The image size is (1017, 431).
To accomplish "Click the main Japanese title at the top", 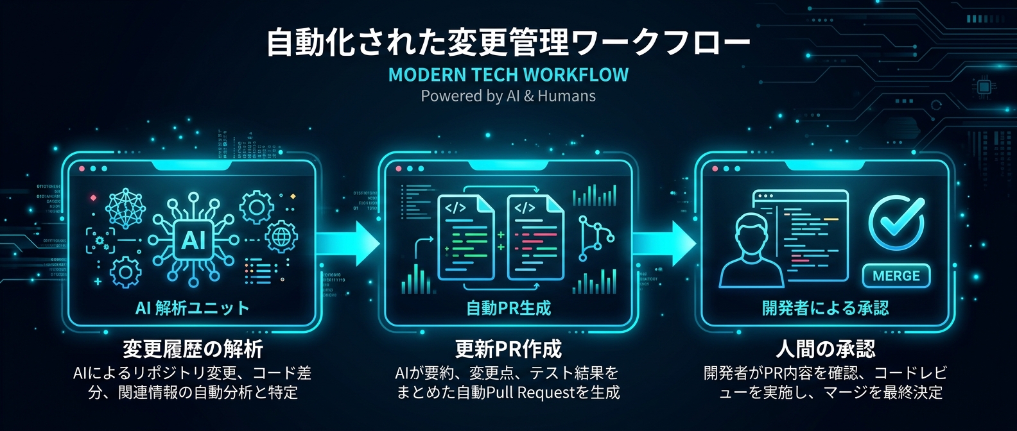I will [x=508, y=42].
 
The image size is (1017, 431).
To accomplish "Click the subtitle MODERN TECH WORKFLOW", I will [x=508, y=75].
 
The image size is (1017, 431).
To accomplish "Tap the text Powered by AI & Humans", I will [x=508, y=96].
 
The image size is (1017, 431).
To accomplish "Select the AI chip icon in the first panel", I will [x=193, y=240].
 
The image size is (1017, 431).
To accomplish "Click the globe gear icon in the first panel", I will [x=281, y=237].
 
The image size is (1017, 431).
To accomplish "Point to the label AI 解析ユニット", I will [x=192, y=308].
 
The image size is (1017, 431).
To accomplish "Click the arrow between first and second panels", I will [x=347, y=244].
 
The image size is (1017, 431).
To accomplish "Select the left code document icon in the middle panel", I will [x=466, y=238].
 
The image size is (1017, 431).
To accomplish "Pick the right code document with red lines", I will [x=535, y=238].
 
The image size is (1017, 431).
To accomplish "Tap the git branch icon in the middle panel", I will [x=595, y=238].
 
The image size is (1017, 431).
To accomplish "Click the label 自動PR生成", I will [x=508, y=308].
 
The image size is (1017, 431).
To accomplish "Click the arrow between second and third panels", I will [x=664, y=244].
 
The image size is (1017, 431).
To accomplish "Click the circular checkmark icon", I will [x=896, y=221].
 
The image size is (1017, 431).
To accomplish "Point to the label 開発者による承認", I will [x=825, y=308].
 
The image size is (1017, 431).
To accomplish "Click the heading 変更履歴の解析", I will [x=193, y=349].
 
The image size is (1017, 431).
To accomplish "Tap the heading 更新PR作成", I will [x=508, y=349].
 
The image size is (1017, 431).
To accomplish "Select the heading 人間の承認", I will [x=825, y=349].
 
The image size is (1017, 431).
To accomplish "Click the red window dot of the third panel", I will [x=715, y=169].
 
